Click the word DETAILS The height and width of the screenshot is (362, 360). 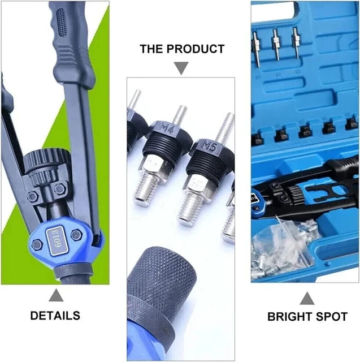pyautogui.click(x=55, y=315)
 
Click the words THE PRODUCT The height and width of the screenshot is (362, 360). pyautogui.click(x=181, y=49)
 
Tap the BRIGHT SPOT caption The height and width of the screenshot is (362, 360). pyautogui.click(x=307, y=317)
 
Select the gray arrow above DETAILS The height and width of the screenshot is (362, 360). pyautogui.click(x=55, y=295)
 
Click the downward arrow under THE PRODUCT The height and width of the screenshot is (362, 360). pyautogui.click(x=181, y=68)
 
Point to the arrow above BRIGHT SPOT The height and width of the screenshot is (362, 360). pyautogui.click(x=307, y=298)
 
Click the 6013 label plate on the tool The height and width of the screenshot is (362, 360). pyautogui.click(x=57, y=236)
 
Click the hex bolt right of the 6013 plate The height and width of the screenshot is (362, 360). pyautogui.click(x=76, y=234)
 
